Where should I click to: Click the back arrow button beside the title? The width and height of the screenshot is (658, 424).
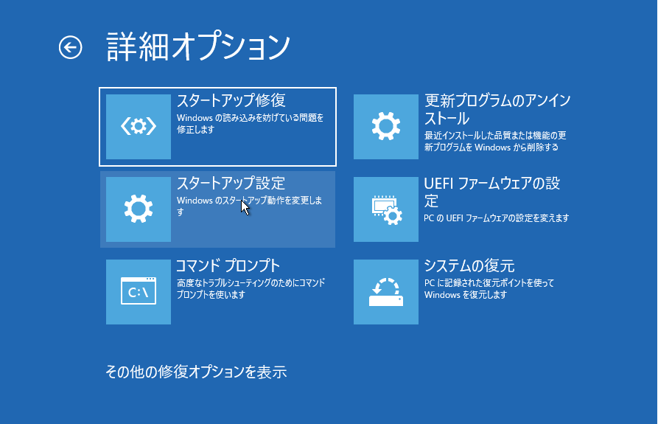(x=71, y=47)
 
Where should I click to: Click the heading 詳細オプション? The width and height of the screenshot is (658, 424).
(x=198, y=46)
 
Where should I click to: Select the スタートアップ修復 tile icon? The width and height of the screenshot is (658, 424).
(x=139, y=126)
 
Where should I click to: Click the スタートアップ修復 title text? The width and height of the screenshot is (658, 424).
(x=231, y=101)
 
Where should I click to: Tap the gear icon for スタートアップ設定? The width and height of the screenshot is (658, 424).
(x=139, y=209)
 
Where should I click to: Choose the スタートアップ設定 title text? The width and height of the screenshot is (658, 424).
(x=231, y=183)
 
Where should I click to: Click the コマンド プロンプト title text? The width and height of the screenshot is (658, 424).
(x=228, y=265)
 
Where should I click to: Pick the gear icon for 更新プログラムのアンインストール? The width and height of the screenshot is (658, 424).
(x=386, y=126)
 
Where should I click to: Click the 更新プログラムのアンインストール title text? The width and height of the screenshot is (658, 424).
(x=497, y=110)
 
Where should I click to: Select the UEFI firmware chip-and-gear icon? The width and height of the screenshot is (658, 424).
(x=386, y=209)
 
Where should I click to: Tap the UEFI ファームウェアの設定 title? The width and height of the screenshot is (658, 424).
(x=491, y=192)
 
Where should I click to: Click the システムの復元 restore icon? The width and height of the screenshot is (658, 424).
(x=386, y=292)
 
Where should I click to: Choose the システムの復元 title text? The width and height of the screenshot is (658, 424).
(x=469, y=265)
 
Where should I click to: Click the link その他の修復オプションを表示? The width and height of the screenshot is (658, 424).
(x=196, y=372)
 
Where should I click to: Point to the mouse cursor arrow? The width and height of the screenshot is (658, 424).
(x=245, y=208)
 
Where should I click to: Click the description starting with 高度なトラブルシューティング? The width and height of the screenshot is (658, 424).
(x=251, y=289)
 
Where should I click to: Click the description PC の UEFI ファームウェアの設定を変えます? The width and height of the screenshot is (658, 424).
(x=497, y=218)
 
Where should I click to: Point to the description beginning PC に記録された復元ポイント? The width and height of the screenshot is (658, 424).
(x=489, y=289)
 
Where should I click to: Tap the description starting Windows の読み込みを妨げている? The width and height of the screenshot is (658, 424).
(x=250, y=124)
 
